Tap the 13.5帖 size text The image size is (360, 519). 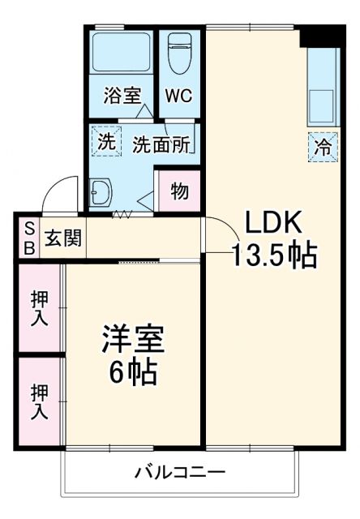click(273, 256)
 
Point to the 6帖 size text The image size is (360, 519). click(133, 373)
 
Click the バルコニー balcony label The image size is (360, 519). click(179, 472)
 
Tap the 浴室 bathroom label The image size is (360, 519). click(122, 95)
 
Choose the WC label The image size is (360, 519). click(178, 95)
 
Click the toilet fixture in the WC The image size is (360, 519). click(178, 55)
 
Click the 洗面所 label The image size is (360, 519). click(161, 144)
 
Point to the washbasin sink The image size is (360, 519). click(102, 193)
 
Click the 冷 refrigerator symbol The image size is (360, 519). click(321, 148)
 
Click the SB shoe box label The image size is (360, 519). click(28, 238)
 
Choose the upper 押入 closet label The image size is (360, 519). click(39, 306)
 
